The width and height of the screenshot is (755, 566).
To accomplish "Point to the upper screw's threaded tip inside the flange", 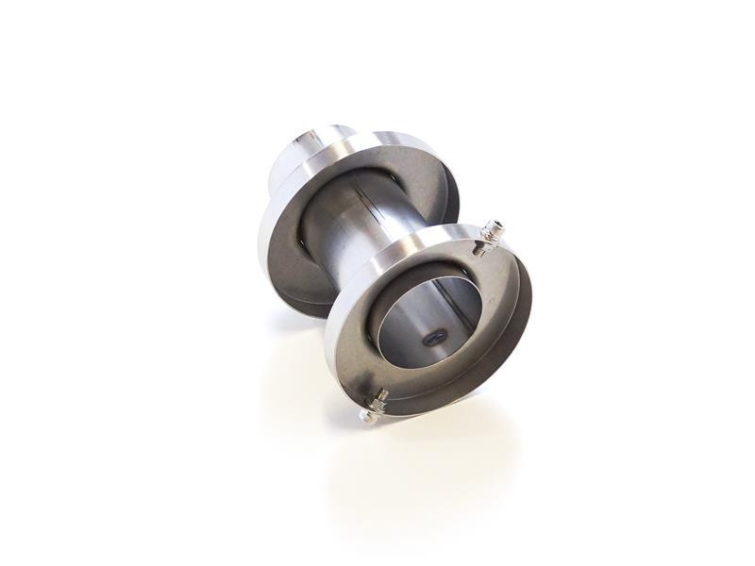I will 478,250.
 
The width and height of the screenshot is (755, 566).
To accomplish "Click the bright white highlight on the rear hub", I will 300,141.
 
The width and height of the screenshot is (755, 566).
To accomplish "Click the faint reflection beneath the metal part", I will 415,472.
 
